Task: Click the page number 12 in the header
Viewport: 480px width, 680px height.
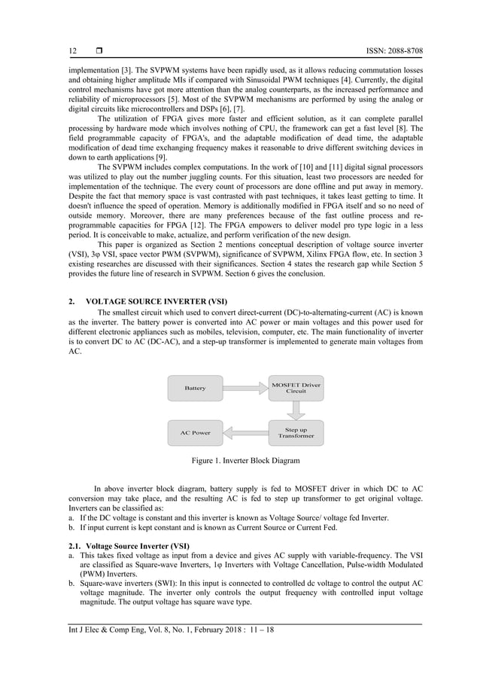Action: (72, 51)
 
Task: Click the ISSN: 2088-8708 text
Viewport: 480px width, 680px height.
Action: (388, 51)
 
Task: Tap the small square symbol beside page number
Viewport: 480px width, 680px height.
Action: (98, 51)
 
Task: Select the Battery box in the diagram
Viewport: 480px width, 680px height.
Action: (195, 388)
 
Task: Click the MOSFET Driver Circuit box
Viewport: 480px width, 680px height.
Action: (295, 388)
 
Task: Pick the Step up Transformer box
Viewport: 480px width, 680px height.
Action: (295, 433)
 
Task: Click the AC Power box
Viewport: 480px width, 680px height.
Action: (195, 433)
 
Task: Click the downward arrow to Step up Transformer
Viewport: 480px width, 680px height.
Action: (296, 410)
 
